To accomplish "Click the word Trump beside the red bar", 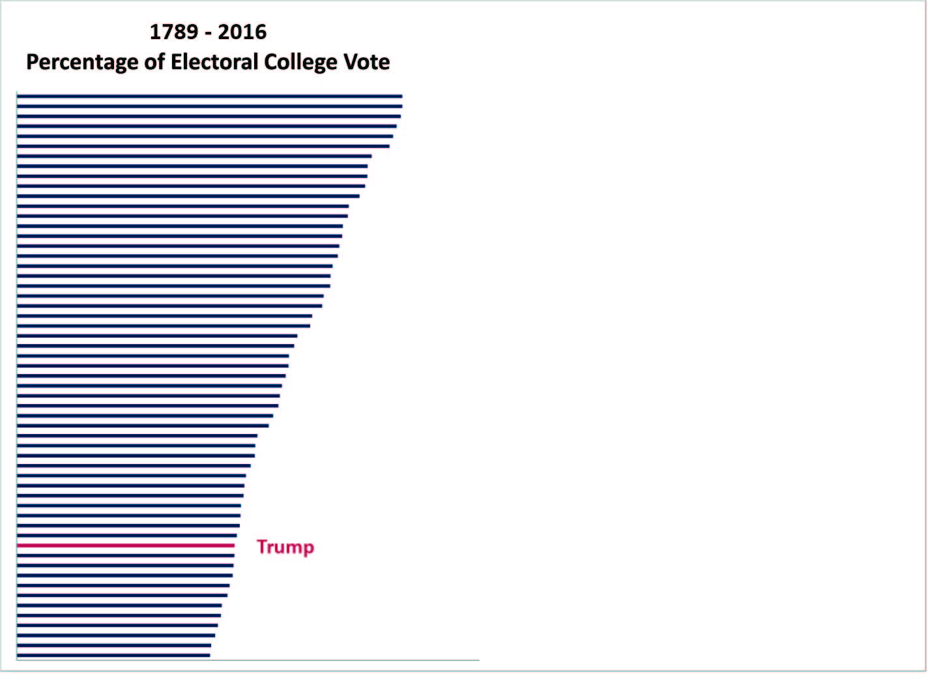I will [285, 546].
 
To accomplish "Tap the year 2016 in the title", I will [242, 32].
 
